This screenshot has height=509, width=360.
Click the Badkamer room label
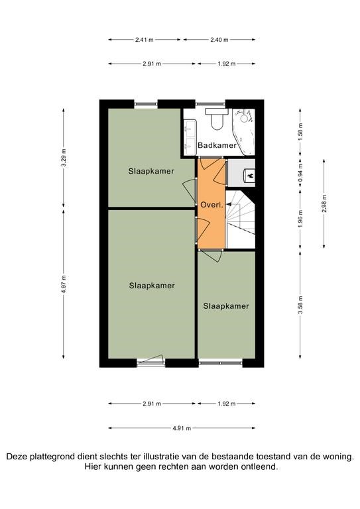[217, 145]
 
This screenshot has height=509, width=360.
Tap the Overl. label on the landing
[211, 205]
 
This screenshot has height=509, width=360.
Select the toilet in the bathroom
[217, 119]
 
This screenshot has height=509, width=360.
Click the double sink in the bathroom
[190, 137]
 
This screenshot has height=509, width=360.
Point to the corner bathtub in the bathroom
[243, 131]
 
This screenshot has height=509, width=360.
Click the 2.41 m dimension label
[145, 40]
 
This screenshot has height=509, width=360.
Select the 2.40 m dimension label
[219, 40]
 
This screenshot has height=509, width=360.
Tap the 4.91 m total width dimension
[182, 428]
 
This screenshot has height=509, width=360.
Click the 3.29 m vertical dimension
[64, 158]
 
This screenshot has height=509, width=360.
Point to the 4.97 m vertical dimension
[64, 284]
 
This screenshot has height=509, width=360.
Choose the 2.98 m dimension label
[324, 203]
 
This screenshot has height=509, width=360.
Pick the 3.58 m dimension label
[300, 305]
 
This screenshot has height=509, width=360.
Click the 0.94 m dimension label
[300, 176]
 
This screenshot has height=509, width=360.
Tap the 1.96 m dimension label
[300, 219]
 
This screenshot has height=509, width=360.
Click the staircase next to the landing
[240, 219]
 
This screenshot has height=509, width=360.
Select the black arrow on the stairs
[229, 205]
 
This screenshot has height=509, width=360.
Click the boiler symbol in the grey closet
[249, 176]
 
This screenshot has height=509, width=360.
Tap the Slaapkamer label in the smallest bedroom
[226, 306]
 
